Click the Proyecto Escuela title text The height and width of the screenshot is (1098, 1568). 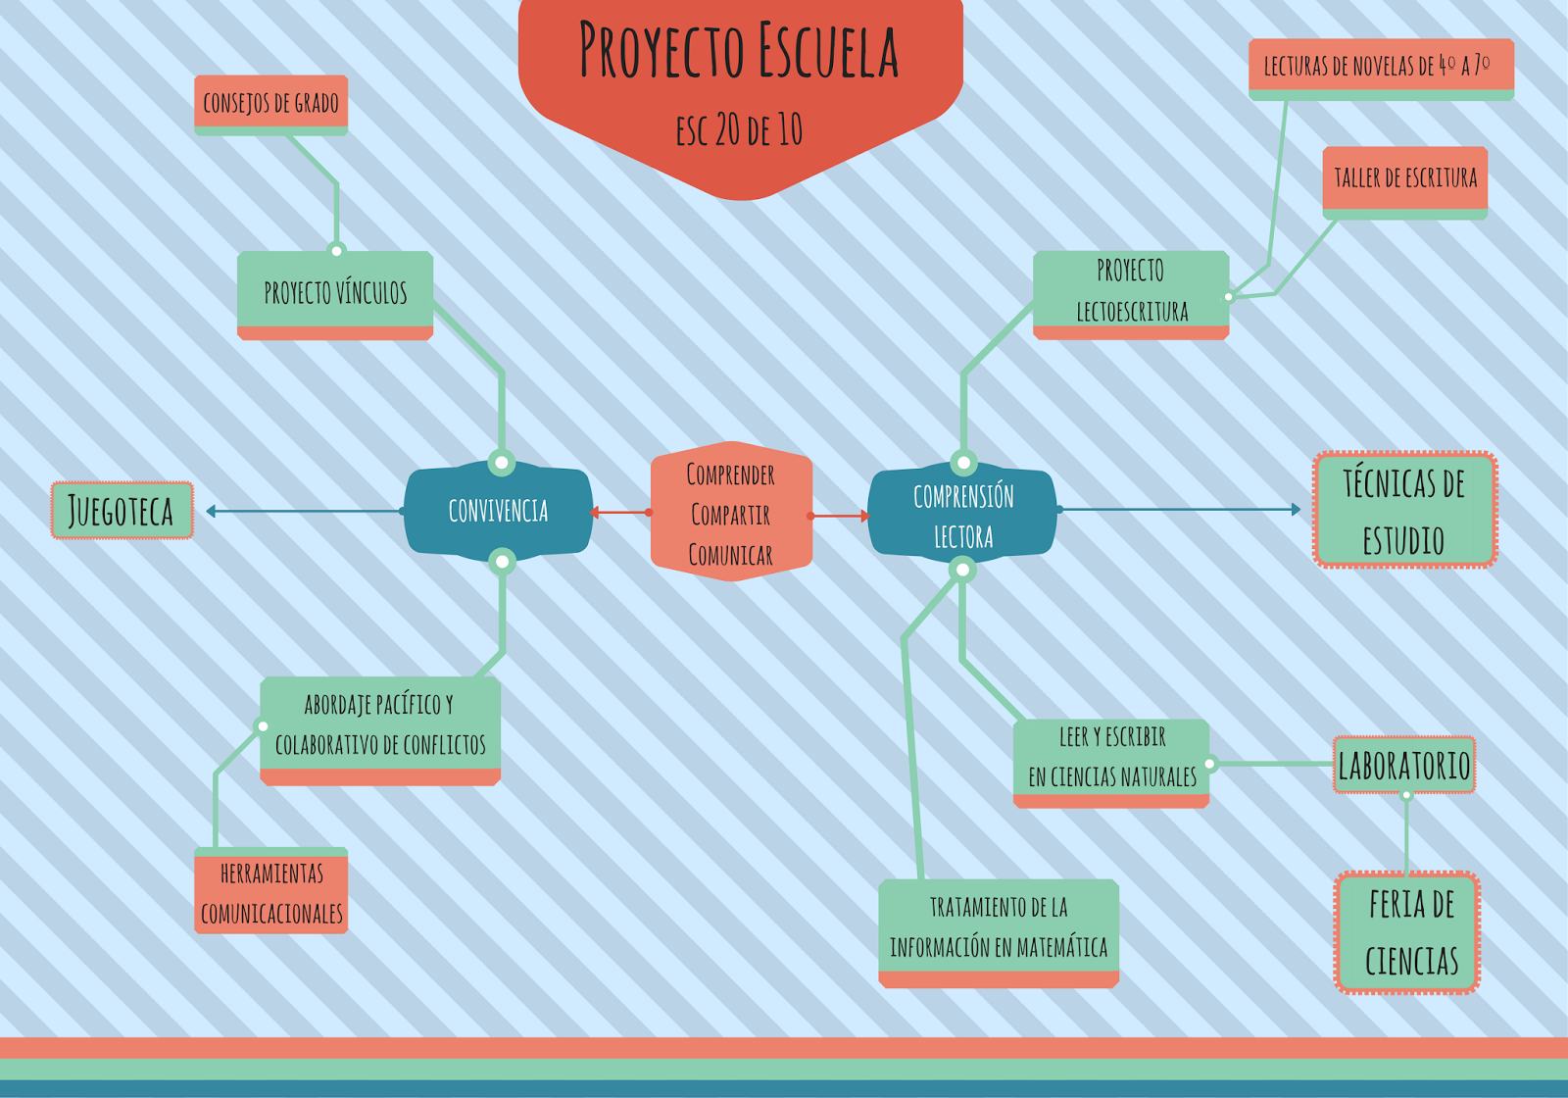point(739,51)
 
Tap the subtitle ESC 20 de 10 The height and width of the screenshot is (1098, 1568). point(739,129)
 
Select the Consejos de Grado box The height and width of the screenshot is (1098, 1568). point(270,103)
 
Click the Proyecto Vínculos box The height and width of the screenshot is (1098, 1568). point(335,293)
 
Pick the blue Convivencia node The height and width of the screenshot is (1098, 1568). point(498,511)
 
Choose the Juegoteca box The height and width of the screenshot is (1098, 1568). point(122,511)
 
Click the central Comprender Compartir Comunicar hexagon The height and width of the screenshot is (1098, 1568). point(731,513)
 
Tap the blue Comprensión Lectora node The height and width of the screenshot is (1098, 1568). point(963,515)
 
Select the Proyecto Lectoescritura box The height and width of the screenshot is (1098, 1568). point(1131,291)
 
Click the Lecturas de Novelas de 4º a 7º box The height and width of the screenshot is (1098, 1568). point(1380,67)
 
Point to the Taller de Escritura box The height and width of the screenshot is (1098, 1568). point(1404,179)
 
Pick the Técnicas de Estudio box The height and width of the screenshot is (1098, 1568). point(1404,510)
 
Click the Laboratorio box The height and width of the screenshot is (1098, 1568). point(1404,766)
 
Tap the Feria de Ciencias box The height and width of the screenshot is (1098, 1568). point(1407,932)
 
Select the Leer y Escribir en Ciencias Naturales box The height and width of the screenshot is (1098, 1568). point(1111,758)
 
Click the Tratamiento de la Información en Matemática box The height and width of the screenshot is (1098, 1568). point(999,927)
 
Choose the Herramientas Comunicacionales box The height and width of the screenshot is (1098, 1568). point(271,892)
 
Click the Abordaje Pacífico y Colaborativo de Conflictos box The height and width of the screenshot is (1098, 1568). point(380,725)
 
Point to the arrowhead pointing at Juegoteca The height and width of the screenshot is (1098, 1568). point(212,511)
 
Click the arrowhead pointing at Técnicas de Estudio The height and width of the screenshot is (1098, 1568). point(1296,510)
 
